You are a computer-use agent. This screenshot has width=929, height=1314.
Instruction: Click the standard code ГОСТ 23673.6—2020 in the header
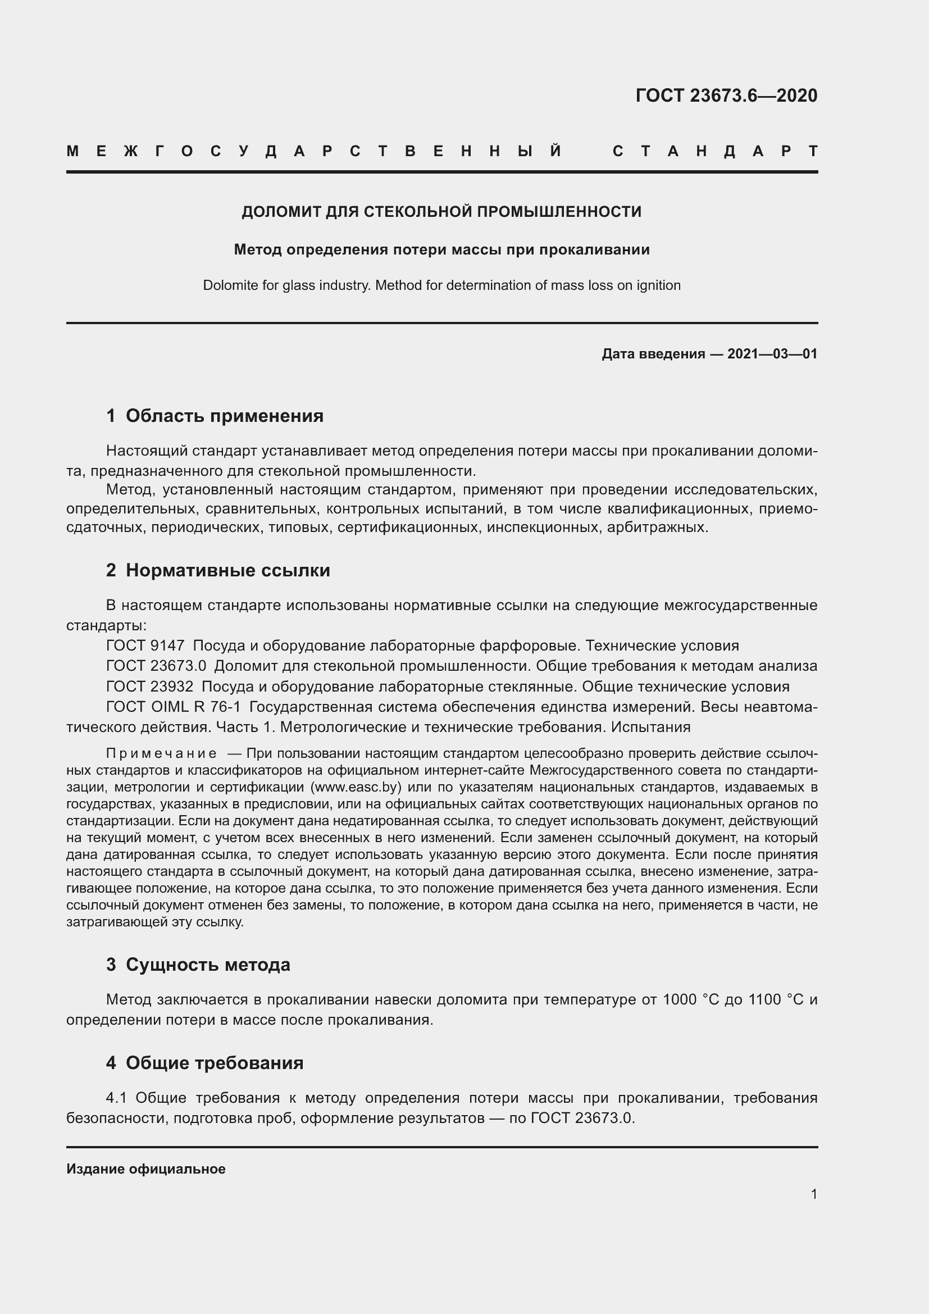tap(726, 96)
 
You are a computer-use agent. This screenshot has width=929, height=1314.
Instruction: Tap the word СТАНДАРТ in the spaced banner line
tap(714, 151)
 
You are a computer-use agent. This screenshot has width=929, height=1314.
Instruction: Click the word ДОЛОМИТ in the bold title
tap(281, 212)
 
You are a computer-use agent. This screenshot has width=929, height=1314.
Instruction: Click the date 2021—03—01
tap(772, 354)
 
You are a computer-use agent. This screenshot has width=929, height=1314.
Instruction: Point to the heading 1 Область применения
tap(215, 416)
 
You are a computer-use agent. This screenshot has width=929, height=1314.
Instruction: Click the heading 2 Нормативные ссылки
tap(218, 570)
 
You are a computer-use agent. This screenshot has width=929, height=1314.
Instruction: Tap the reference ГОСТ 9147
tap(145, 645)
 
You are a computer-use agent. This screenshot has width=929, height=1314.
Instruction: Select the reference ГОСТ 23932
tap(150, 686)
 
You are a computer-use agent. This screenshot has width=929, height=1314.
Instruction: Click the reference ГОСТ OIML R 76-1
tap(174, 707)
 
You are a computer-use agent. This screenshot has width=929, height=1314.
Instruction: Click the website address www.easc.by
tap(354, 787)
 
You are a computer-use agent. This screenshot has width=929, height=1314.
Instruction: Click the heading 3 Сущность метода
tap(198, 965)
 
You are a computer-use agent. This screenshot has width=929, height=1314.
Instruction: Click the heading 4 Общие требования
tap(205, 1063)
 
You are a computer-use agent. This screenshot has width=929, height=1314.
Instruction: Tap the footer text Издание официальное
tap(146, 1168)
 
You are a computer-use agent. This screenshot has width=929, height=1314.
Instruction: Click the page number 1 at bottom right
tap(813, 1194)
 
